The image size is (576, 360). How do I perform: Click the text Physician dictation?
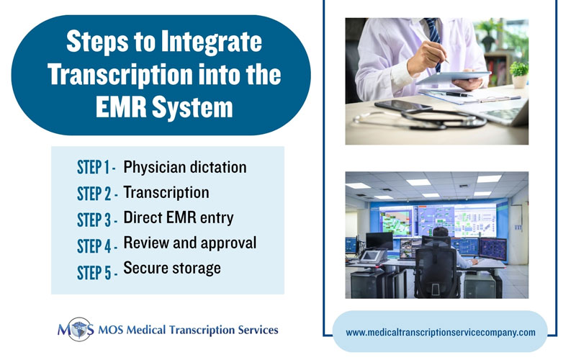coord(185,167)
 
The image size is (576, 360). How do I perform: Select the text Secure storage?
coord(172,268)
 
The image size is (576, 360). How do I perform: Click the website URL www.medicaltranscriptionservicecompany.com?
coord(441,332)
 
